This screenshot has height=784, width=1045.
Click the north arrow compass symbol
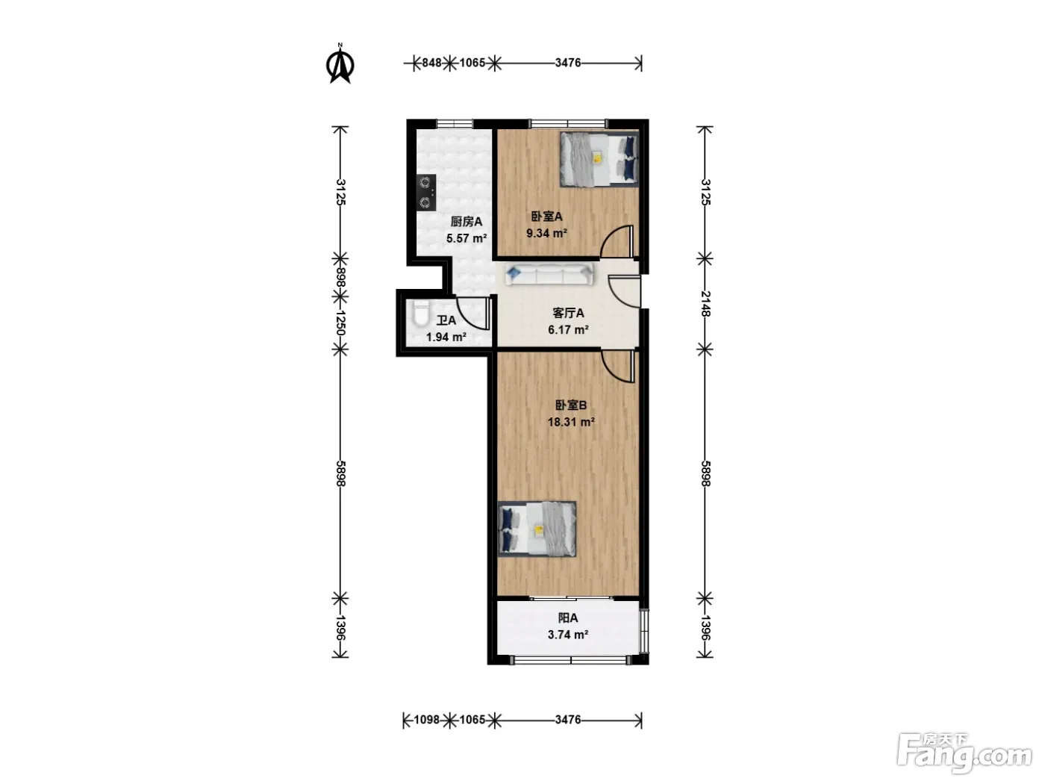[340, 63]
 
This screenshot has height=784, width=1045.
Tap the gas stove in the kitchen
[426, 193]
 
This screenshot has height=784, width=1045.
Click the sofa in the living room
[549, 275]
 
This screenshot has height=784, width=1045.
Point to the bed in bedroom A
[599, 159]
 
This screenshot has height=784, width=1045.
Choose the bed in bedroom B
[537, 529]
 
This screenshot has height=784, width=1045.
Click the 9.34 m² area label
[546, 233]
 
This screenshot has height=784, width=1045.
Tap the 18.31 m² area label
[571, 422]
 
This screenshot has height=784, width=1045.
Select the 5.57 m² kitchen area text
[466, 238]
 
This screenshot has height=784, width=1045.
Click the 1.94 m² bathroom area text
[446, 337]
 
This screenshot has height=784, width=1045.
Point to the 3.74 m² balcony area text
[568, 635]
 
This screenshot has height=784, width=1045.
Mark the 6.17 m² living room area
[568, 329]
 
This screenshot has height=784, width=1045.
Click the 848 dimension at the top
[431, 63]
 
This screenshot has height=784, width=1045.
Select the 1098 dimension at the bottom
[426, 719]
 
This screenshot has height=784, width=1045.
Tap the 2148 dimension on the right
[705, 304]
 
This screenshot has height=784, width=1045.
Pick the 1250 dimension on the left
[340, 323]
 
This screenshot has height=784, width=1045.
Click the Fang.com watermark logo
[964, 753]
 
